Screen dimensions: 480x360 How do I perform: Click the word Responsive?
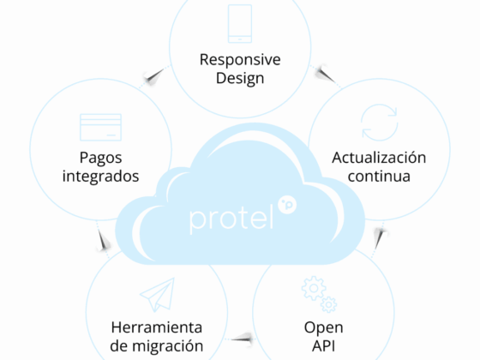pyautogui.click(x=240, y=59)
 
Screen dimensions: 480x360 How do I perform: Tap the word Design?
pyautogui.click(x=240, y=78)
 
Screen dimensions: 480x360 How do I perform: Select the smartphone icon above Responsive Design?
pyautogui.click(x=240, y=24)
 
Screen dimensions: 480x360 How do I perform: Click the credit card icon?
pyautogui.click(x=101, y=128)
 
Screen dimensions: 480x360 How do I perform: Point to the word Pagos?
pyautogui.click(x=101, y=159)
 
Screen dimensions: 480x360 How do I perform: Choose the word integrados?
pyautogui.click(x=101, y=177)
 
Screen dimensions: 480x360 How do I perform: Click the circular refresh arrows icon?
pyautogui.click(x=379, y=123)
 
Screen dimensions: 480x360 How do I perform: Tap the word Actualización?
pyautogui.click(x=379, y=158)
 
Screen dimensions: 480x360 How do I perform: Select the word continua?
pyautogui.click(x=379, y=177)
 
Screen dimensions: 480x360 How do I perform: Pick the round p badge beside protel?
pyautogui.click(x=287, y=205)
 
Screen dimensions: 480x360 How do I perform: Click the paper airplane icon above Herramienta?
pyautogui.click(x=158, y=295)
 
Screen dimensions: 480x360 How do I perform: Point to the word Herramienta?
pyautogui.click(x=157, y=327)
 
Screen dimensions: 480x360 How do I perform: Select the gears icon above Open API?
pyautogui.click(x=319, y=294)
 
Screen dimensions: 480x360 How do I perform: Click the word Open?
pyautogui.click(x=324, y=328)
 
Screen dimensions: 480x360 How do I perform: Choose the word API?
pyautogui.click(x=324, y=346)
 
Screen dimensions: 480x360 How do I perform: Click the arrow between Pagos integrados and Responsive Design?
pyautogui.click(x=154, y=76)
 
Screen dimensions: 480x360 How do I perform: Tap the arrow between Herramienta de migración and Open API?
pyautogui.click(x=242, y=339)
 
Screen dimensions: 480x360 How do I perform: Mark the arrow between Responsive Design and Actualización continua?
pyautogui.click(x=326, y=75)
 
